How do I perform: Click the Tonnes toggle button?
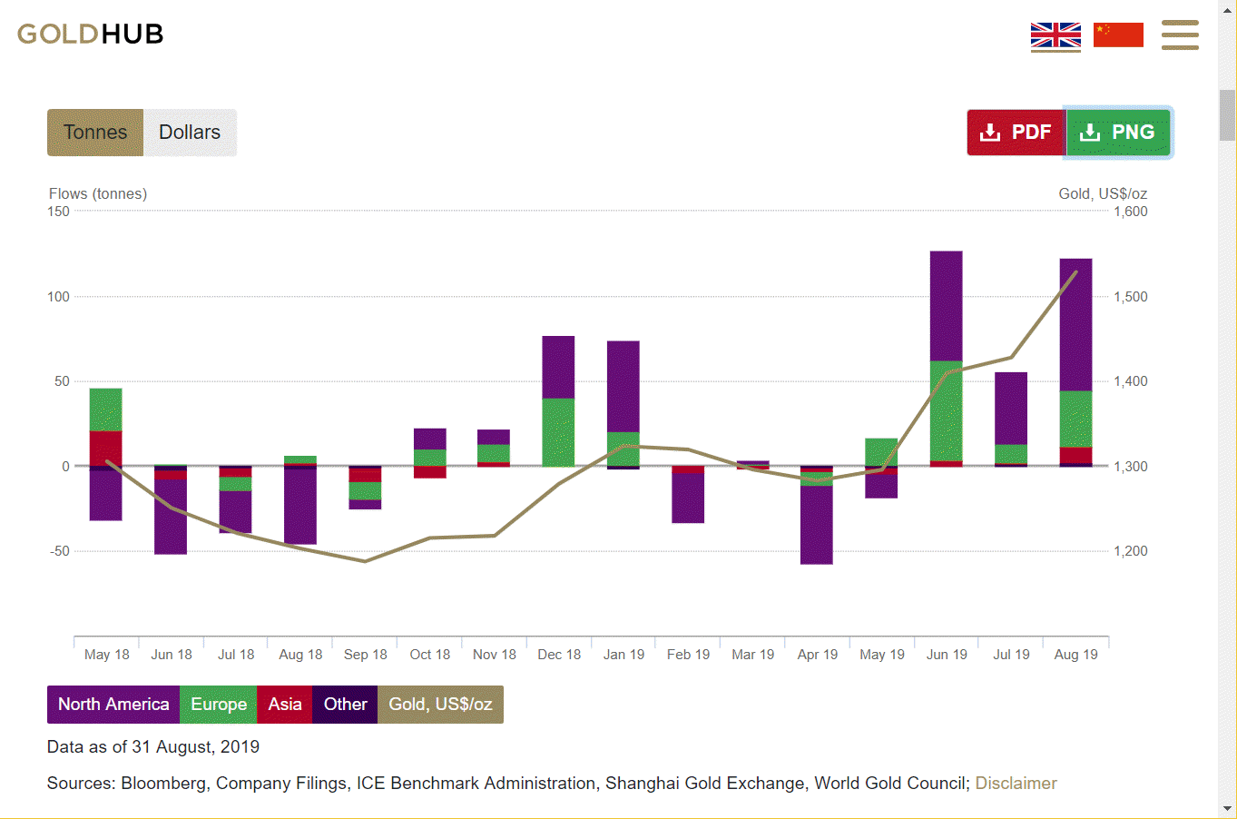[x=95, y=133]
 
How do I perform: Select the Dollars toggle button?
[x=190, y=133]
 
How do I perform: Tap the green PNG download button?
[x=1117, y=133]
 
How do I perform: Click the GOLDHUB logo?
[x=90, y=35]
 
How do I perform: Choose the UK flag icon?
[x=1055, y=35]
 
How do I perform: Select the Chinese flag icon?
[x=1118, y=35]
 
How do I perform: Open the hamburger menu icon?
[x=1180, y=35]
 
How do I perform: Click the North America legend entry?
[x=113, y=705]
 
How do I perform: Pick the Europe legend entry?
[x=219, y=705]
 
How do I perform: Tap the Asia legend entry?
[x=285, y=705]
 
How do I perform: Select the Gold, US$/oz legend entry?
[x=440, y=705]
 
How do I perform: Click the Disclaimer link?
[x=1016, y=784]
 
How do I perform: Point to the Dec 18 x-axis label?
[x=559, y=655]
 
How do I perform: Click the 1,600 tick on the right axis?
[x=1131, y=212]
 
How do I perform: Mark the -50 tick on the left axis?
[x=59, y=551]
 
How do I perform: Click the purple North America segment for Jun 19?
[x=947, y=306]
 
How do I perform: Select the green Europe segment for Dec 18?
[x=558, y=432]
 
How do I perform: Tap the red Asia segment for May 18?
[x=105, y=448]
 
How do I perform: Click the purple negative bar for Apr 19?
[x=817, y=525]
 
